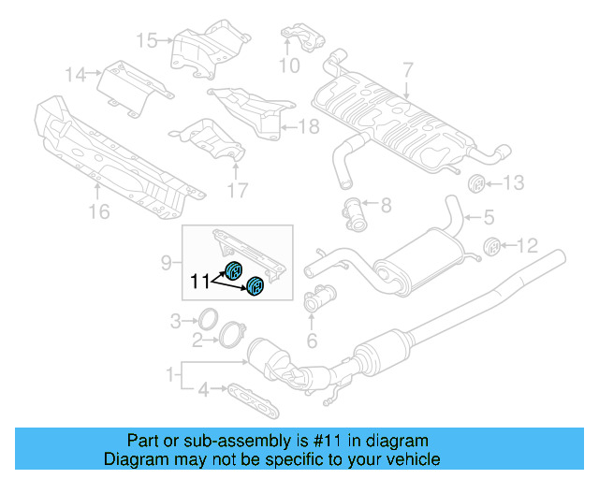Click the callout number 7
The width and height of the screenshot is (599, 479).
tap(407, 68)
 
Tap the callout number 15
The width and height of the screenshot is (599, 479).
tap(148, 39)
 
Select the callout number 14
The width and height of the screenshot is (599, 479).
tap(76, 73)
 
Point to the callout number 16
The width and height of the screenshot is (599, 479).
tap(99, 212)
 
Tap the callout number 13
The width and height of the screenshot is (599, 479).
tap(516, 182)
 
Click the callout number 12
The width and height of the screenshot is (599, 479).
tap(528, 246)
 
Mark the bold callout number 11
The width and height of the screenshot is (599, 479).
tap(200, 279)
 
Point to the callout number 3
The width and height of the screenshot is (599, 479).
tap(175, 322)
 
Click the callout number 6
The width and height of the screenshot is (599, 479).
tap(313, 341)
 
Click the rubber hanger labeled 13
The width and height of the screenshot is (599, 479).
tap(474, 183)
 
